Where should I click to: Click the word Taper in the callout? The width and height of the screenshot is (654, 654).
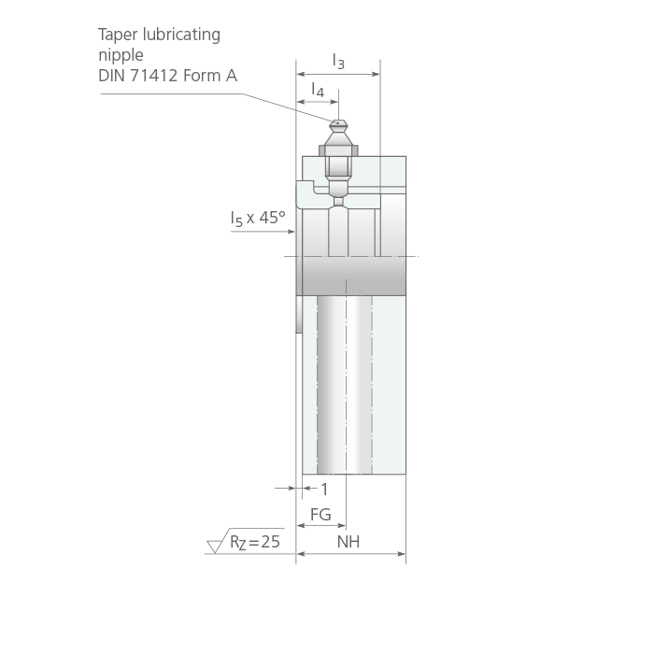[118, 36]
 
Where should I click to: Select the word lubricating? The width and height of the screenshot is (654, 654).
[181, 35]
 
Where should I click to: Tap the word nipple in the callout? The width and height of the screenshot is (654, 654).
[121, 55]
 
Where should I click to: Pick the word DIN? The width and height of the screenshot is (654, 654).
[112, 76]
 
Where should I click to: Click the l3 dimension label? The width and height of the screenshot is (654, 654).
[338, 61]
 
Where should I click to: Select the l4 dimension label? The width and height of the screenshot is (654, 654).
[318, 90]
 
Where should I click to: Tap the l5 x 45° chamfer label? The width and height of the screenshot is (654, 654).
[258, 218]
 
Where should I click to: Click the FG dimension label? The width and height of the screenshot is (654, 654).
[320, 514]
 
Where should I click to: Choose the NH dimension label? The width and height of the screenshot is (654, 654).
[348, 542]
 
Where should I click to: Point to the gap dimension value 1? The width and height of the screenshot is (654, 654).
[324, 490]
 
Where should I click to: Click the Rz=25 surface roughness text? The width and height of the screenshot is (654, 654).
[255, 542]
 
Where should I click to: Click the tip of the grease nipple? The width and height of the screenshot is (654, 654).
[338, 121]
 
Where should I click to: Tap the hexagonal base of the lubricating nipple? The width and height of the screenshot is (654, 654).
[338, 150]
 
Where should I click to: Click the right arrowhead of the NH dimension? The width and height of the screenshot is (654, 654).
[402, 554]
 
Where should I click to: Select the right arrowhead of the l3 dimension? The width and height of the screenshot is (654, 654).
[377, 74]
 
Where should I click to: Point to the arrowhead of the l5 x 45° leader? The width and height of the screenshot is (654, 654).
[291, 232]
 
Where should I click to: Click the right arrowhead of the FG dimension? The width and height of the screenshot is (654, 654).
[342, 525]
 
